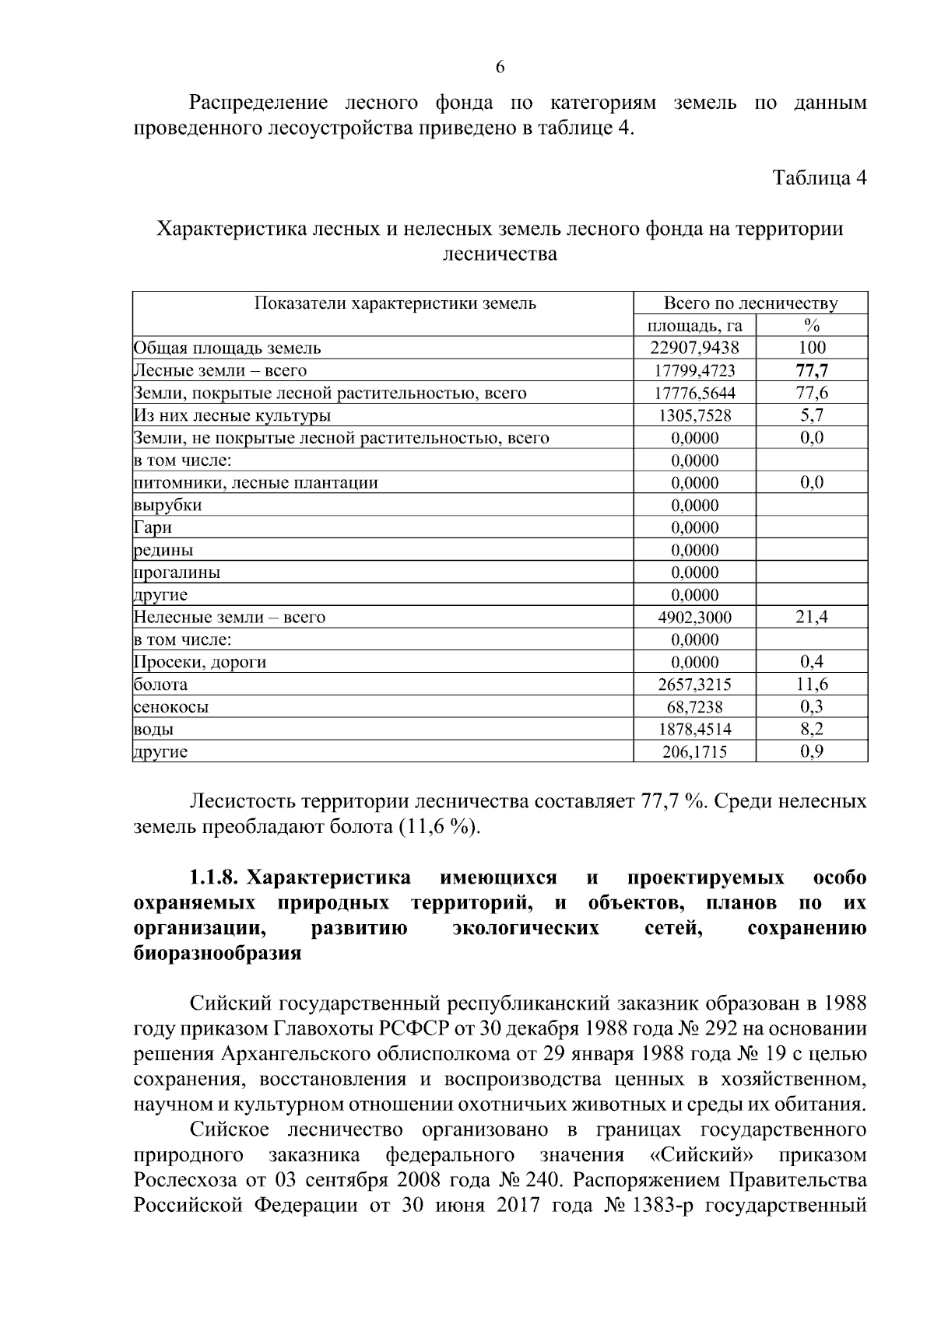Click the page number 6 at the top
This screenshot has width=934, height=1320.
(500, 67)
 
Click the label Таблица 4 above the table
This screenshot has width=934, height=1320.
(819, 177)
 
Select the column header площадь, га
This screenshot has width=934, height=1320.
(695, 325)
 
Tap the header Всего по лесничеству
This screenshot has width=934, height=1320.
(750, 303)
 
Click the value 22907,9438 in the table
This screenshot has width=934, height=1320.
(695, 348)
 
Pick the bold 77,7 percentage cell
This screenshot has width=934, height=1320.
(813, 370)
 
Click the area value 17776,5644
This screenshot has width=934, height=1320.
(695, 393)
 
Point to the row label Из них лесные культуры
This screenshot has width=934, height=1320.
(233, 415)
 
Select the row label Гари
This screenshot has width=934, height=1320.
(153, 527)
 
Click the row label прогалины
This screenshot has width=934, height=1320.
(177, 572)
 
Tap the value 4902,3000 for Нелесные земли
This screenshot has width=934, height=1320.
(695, 618)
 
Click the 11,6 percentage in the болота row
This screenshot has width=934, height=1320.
(813, 685)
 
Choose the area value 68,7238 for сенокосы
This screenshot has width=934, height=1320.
(695, 707)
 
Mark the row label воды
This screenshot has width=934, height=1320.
(153, 730)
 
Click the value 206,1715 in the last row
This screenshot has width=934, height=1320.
(695, 752)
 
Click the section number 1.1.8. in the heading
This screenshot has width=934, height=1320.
(213, 878)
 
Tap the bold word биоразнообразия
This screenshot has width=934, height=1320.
(217, 953)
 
